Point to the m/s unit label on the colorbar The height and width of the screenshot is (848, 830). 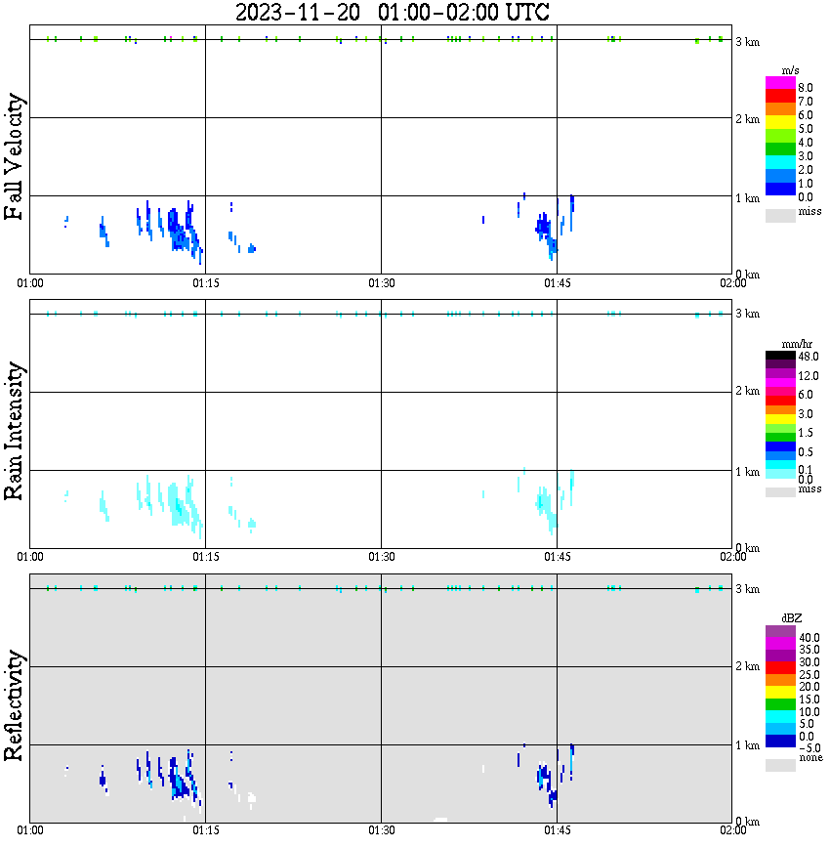coord(791,71)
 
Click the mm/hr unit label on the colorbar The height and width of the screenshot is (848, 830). coord(791,345)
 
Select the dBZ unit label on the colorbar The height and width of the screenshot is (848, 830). coord(791,619)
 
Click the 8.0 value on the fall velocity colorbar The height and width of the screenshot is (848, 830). coord(807,88)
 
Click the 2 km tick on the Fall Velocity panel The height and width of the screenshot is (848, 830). coord(747,119)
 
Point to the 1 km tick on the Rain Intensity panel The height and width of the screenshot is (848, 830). coord(747,472)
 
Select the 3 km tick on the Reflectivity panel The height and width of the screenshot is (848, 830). coord(747,588)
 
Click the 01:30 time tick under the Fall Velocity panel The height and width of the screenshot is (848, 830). coord(381,283)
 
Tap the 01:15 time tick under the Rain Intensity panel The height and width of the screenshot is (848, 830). coord(205,557)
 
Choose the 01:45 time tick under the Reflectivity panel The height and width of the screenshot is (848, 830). coord(557,831)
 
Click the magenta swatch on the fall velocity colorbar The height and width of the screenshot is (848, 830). coord(780,82)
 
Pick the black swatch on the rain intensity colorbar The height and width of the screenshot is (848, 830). coord(780,355)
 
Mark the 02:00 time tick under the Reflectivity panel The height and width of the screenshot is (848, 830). coord(732,831)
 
